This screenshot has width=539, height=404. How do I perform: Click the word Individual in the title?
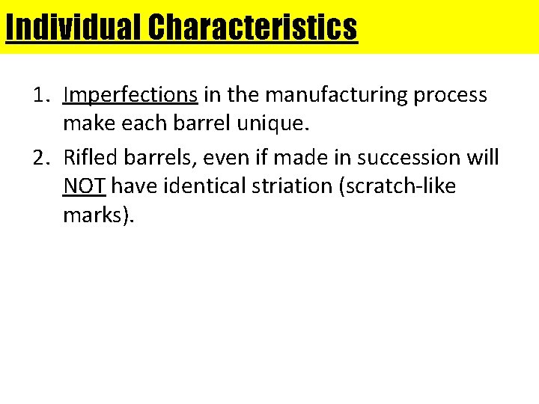[73, 28]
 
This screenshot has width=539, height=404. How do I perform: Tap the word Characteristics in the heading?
[252, 28]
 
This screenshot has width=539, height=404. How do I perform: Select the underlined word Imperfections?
[130, 95]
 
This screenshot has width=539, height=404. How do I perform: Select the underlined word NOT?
[85, 186]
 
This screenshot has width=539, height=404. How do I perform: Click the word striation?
[299, 186]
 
